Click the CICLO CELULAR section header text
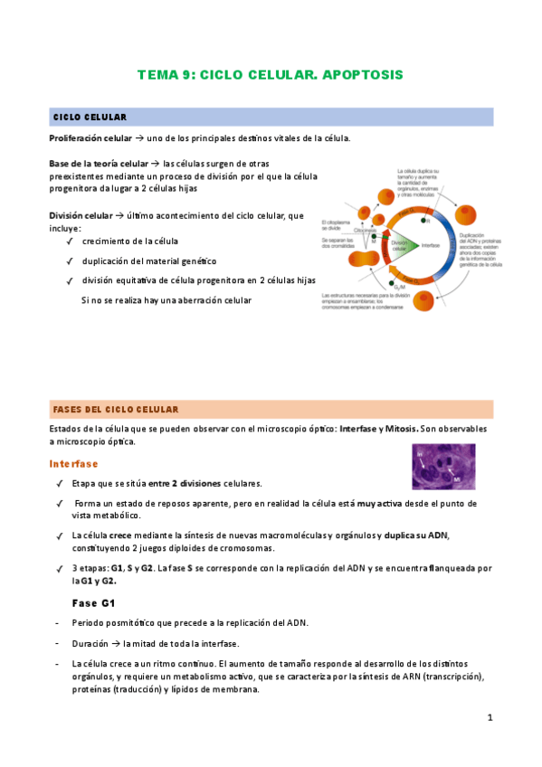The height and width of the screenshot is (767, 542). pos(90,118)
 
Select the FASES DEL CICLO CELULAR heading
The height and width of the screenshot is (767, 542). pos(116,409)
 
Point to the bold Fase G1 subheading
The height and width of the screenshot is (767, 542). pos(93,601)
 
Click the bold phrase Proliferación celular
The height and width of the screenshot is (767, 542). pos(90,137)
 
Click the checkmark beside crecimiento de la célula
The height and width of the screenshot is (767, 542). pos(69,241)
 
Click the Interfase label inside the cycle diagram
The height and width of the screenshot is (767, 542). pos(431,245)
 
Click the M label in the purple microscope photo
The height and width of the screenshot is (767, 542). pos(458,478)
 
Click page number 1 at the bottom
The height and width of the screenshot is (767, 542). pos(490,717)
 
